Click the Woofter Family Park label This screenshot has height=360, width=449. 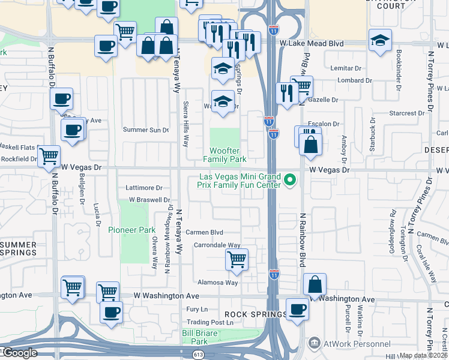pyautogui.click(x=225, y=155)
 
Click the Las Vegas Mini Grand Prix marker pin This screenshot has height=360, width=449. pyautogui.click(x=291, y=179)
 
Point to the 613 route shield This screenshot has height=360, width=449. pyautogui.click(x=198, y=355)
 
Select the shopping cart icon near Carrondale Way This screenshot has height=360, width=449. pyautogui.click(x=237, y=260)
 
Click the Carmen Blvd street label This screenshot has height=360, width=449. pyautogui.click(x=204, y=232)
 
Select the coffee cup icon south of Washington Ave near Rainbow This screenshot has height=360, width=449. pyautogui.click(x=297, y=310)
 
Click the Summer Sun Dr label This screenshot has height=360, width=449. pyautogui.click(x=146, y=130)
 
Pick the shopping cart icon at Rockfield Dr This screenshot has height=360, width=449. pyautogui.click(x=49, y=156)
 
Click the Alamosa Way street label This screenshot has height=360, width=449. pyautogui.click(x=218, y=283)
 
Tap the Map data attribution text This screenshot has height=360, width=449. pyautogui.click(x=424, y=355)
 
